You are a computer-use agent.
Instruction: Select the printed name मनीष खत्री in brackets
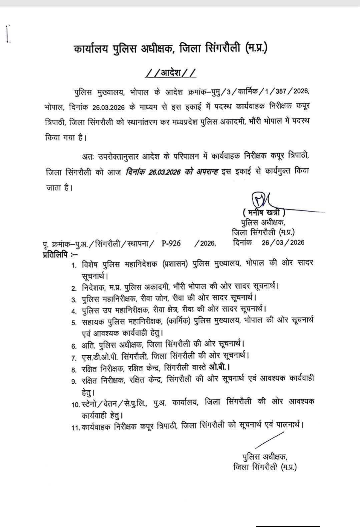coord(264,212)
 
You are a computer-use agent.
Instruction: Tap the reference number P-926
coord(171,243)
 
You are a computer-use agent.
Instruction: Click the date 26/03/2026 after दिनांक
coord(283,242)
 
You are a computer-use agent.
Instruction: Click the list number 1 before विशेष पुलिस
coord(73,266)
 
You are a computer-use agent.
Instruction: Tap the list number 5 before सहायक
coord(74,323)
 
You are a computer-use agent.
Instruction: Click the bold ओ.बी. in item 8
coord(219,367)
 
